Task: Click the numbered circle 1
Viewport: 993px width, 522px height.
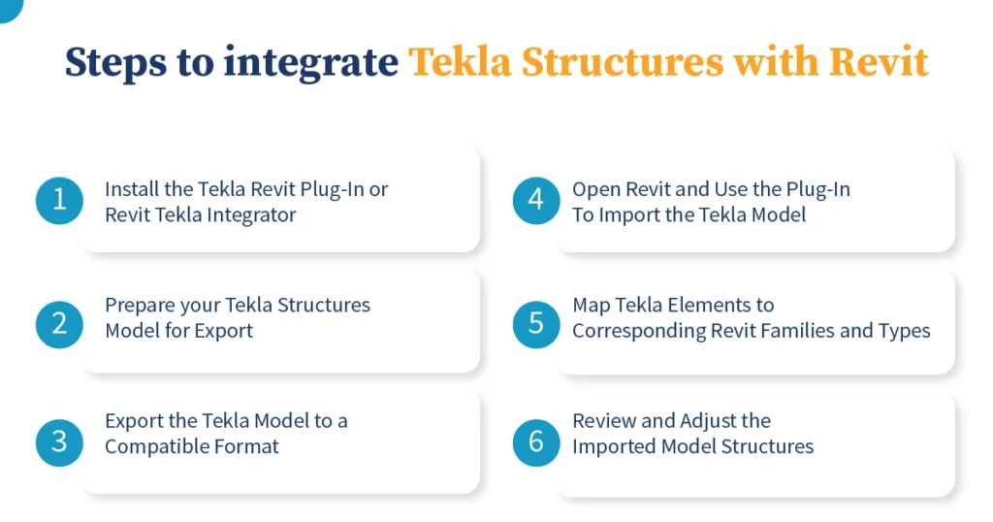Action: [x=59, y=201]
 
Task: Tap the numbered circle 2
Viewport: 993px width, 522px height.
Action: [x=59, y=322]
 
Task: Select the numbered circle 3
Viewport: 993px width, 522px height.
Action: [x=59, y=442]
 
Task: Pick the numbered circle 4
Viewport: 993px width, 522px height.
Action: [x=536, y=201]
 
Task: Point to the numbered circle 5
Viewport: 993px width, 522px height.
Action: [x=536, y=322]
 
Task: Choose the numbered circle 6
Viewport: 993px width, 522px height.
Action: [x=536, y=442]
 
